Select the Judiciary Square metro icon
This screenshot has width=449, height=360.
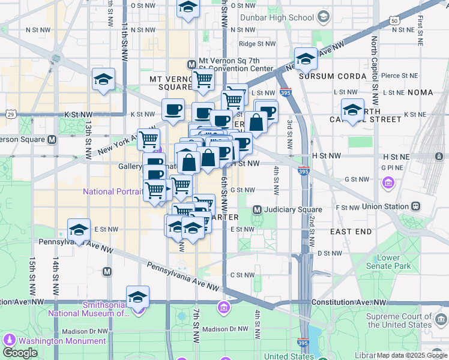[257, 210]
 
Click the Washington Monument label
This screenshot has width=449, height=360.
[62, 341]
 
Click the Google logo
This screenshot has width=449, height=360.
[20, 352]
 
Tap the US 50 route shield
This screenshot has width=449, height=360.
[394, 20]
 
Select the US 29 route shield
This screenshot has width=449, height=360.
[10, 113]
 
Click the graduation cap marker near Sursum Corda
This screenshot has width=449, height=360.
[306, 60]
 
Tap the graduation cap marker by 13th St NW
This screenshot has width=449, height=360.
[103, 80]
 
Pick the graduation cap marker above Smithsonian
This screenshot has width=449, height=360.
[137, 298]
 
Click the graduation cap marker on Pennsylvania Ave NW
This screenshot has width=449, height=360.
[78, 231]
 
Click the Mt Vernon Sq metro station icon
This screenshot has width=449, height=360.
[191, 64]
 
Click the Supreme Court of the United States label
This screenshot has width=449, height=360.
[399, 320]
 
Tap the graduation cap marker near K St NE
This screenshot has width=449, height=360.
[352, 110]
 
